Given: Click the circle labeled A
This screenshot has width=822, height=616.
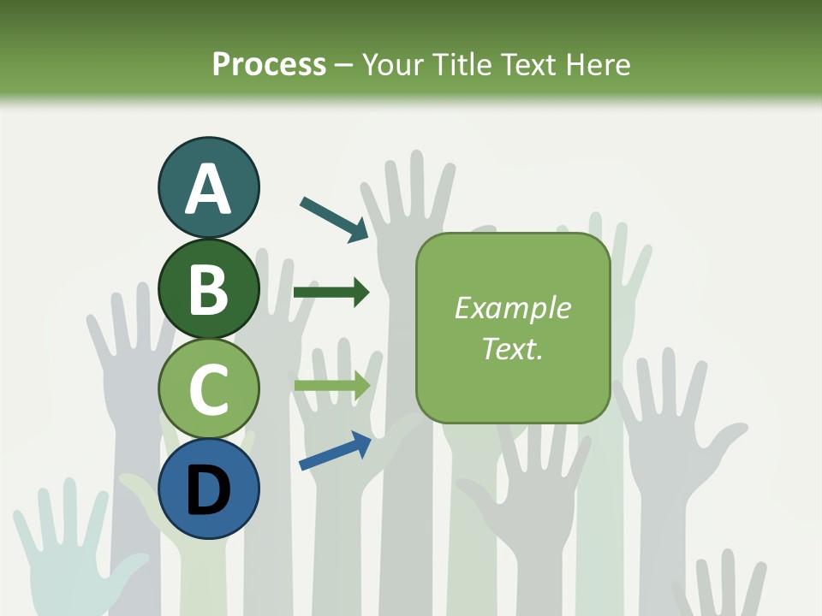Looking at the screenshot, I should pyautogui.click(x=208, y=188).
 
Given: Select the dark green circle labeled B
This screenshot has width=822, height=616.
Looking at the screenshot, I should pyautogui.click(x=208, y=288).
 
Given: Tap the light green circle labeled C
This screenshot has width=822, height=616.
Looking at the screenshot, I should pyautogui.click(x=208, y=388).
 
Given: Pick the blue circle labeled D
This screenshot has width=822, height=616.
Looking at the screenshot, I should pyautogui.click(x=208, y=489).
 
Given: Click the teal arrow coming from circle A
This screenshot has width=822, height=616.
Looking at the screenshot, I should pyautogui.click(x=334, y=219).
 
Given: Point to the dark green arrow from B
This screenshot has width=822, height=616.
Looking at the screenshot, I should pyautogui.click(x=331, y=293).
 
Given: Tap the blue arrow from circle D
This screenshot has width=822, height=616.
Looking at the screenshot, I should pyautogui.click(x=335, y=451).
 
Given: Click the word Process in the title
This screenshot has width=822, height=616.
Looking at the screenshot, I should pyautogui.click(x=269, y=64).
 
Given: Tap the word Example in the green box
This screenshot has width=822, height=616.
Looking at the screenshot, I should pyautogui.click(x=512, y=308).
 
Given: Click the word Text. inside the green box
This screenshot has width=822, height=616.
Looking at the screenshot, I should pyautogui.click(x=512, y=348).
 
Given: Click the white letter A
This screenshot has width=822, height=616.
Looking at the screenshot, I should pyautogui.click(x=208, y=188).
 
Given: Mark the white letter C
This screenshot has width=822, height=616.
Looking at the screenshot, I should pyautogui.click(x=208, y=388).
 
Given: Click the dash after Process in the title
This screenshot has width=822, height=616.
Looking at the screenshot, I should pyautogui.click(x=344, y=65).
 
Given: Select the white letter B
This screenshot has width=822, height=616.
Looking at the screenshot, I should pyautogui.click(x=208, y=288).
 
